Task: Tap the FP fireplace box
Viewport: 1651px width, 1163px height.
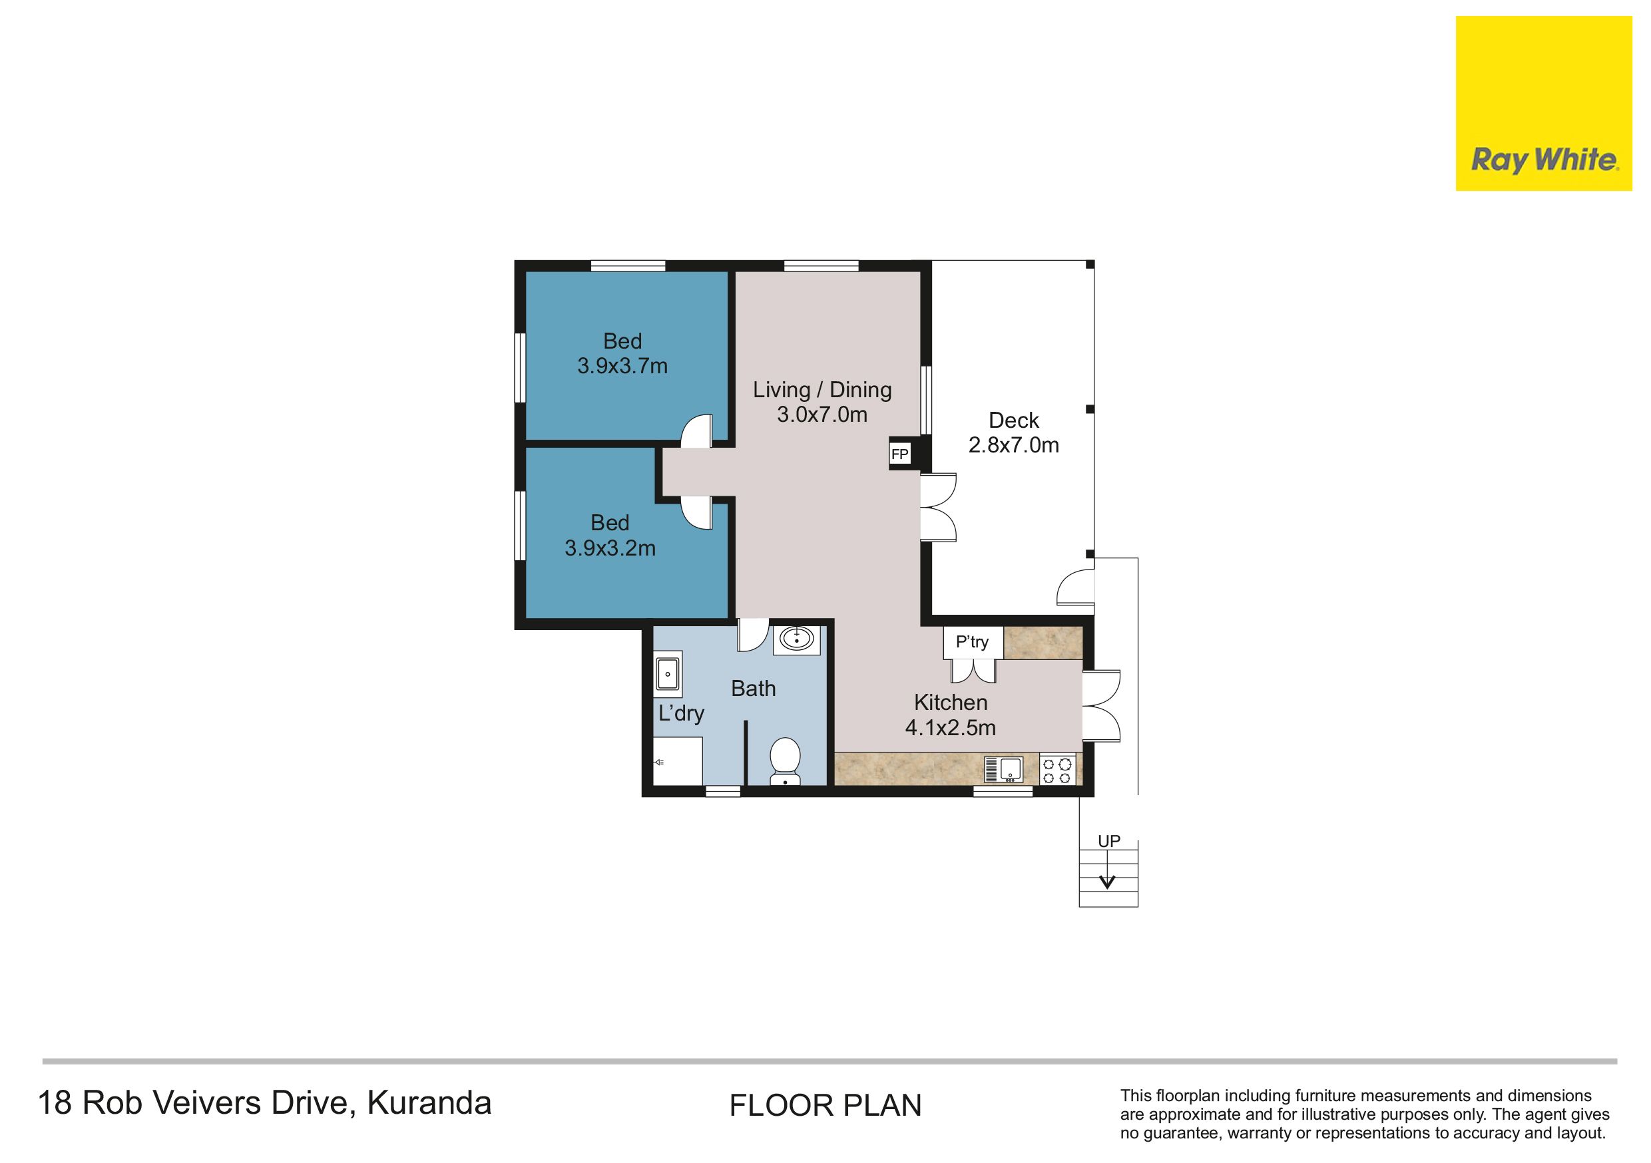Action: [x=899, y=454]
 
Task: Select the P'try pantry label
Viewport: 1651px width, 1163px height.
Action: [x=972, y=641]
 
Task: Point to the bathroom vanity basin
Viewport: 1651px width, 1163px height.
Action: [x=796, y=637]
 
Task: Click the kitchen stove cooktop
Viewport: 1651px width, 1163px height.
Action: [x=1058, y=768]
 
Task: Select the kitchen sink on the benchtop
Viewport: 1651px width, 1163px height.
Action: [x=1004, y=769]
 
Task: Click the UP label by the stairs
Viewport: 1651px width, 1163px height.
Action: [x=1109, y=841]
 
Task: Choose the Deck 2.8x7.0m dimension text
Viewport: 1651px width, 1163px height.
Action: [x=1014, y=445]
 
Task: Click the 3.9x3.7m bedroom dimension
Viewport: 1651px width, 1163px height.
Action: [x=622, y=366]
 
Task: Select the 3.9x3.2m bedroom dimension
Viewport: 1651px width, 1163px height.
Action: [x=610, y=548]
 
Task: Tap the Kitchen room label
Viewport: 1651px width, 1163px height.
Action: [x=951, y=702]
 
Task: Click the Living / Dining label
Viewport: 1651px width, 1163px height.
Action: [x=823, y=390]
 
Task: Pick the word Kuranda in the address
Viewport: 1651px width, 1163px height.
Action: [x=429, y=1102]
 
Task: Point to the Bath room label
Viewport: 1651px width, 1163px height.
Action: [x=754, y=689]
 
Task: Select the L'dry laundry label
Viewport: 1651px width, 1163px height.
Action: [x=681, y=714]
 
